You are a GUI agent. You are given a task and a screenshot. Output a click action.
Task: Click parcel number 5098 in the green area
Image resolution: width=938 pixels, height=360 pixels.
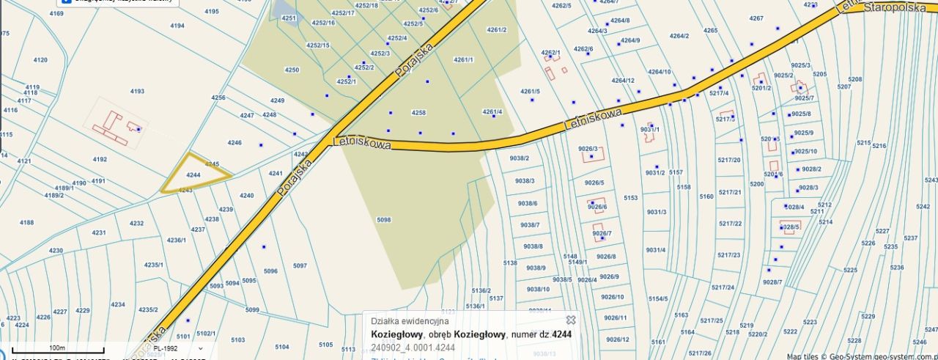383,220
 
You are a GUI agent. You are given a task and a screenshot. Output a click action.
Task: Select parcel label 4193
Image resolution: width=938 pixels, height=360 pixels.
137,92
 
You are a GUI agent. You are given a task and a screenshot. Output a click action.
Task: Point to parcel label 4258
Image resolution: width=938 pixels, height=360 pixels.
418,113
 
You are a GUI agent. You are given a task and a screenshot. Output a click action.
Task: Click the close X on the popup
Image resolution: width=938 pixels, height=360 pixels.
571,320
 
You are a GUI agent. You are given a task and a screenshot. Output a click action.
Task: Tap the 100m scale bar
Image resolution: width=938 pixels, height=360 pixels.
57,350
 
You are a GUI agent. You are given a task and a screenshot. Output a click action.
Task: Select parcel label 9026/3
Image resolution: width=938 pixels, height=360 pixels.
588,149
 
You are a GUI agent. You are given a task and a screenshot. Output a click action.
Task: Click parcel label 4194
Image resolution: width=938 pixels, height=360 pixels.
177,26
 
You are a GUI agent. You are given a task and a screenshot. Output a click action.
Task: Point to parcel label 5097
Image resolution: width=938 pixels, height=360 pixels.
300,266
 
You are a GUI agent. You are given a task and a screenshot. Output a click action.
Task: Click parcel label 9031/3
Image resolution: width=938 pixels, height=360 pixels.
656,213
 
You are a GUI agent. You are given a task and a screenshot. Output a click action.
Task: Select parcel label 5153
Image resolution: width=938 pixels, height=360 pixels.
630,198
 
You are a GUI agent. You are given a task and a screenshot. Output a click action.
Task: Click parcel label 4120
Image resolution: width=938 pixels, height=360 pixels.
40,60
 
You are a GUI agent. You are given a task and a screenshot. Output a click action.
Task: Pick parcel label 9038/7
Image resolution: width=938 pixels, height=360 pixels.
528,225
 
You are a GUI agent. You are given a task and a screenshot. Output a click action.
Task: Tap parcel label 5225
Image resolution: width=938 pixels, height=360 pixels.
850,271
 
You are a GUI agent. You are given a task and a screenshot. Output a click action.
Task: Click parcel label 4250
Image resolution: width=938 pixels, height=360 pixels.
292,70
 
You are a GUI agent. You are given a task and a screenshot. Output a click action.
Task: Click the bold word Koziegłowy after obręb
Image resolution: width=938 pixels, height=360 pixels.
479,335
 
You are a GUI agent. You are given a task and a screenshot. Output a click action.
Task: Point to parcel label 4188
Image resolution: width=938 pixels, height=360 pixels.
26,223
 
